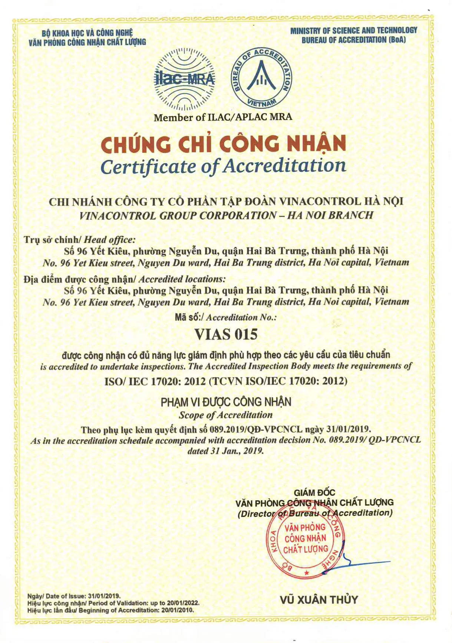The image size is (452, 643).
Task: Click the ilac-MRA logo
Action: coord(184,79)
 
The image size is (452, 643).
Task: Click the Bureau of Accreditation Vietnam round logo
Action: coord(262,78)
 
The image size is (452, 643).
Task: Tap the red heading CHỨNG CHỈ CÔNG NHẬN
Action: coord(223,144)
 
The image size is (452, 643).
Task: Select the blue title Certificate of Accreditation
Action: coord(223,166)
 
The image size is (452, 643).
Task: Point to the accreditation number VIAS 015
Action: coord(226,334)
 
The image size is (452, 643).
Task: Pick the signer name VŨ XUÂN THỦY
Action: coord(319,600)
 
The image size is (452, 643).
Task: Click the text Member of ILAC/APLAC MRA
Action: coord(223,118)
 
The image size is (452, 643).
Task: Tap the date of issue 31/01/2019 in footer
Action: coord(104,596)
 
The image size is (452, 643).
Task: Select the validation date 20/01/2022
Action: coord(183,603)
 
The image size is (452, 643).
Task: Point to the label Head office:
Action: coord(110,240)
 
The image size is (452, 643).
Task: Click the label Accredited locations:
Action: coord(182,279)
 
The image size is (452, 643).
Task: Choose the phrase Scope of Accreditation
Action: coord(225,415)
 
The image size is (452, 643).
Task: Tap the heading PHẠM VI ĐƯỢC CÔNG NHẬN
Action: coord(226,402)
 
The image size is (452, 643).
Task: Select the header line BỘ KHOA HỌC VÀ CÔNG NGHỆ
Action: coord(87,33)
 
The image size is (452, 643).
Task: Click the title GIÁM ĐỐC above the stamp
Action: coord(314,492)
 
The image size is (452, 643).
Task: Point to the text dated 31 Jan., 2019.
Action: coord(225,451)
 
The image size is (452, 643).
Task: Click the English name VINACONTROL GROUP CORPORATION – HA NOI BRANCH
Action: coord(226,215)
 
